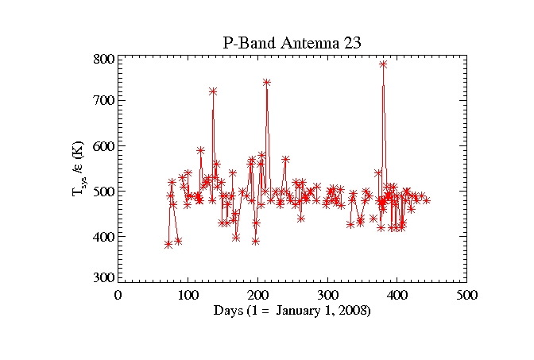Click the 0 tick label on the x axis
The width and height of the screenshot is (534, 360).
click(x=118, y=294)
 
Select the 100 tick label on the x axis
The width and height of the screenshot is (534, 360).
click(x=188, y=294)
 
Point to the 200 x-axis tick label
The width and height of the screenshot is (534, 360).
click(x=257, y=294)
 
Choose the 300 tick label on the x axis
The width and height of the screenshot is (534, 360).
click(x=327, y=294)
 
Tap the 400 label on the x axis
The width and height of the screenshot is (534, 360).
click(x=397, y=294)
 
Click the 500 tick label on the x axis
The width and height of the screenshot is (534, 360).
click(x=467, y=294)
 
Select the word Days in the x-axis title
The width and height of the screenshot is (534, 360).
click(x=228, y=311)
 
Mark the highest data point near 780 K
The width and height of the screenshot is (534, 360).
click(x=383, y=64)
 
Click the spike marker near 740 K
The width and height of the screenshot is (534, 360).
click(x=266, y=82)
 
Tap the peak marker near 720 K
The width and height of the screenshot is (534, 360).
click(x=213, y=91)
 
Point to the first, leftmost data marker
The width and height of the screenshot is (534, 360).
click(x=168, y=244)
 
